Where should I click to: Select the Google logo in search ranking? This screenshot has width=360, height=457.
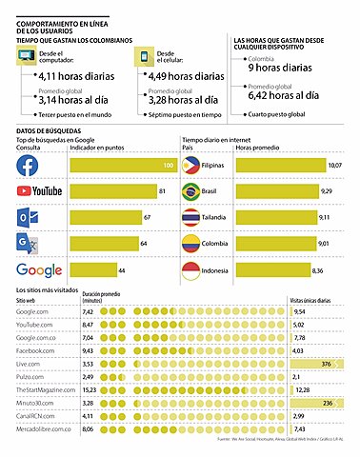point(38,269)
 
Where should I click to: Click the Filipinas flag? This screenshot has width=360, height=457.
point(193,167)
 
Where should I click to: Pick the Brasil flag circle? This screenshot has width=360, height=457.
point(193,192)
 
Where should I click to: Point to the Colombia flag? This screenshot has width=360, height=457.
point(193,244)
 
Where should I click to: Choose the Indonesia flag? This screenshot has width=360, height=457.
point(193,269)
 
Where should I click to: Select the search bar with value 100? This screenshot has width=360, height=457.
point(124,167)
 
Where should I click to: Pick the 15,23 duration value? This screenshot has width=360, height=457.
point(89,389)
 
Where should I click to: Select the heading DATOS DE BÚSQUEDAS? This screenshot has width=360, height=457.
point(49,129)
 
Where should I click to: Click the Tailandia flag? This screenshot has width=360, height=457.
point(193,218)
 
